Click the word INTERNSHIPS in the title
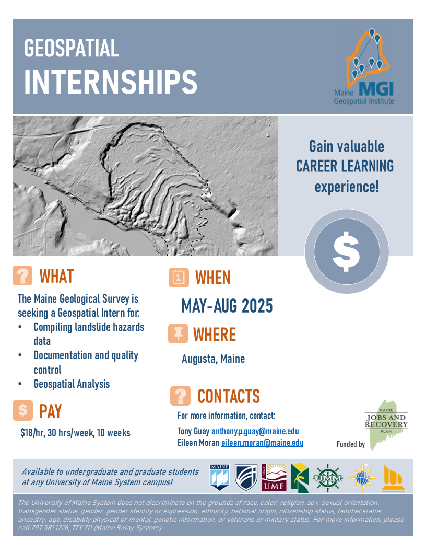pos(110,82)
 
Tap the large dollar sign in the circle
pos(346,251)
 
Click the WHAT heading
pos(56,276)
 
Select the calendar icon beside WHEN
pos(179,278)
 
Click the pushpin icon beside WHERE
pos(178,333)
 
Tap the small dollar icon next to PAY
pos(23,410)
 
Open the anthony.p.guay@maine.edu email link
pos(255,431)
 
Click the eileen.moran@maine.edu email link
pos(262,443)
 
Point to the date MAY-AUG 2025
pos(227,306)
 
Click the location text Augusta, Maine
pos(213,359)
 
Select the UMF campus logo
pos(274,477)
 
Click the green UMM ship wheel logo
pos(327,478)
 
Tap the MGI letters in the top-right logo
pos(376,89)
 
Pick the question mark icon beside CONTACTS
pos(180,396)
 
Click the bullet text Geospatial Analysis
pos(72,384)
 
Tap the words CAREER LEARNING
pos(345,166)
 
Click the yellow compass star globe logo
pos(362,478)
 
